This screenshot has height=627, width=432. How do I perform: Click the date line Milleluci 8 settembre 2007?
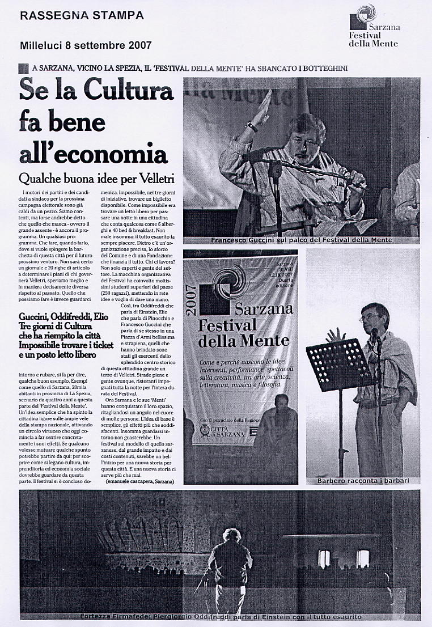(x=86, y=45)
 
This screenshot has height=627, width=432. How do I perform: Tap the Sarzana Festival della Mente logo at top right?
(x=374, y=26)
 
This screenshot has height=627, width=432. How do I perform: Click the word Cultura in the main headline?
(x=129, y=91)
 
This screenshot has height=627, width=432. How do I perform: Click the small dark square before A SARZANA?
(x=23, y=68)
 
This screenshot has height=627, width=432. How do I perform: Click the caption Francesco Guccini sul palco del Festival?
(x=301, y=240)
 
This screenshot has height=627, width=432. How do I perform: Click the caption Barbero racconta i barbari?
(x=363, y=481)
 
